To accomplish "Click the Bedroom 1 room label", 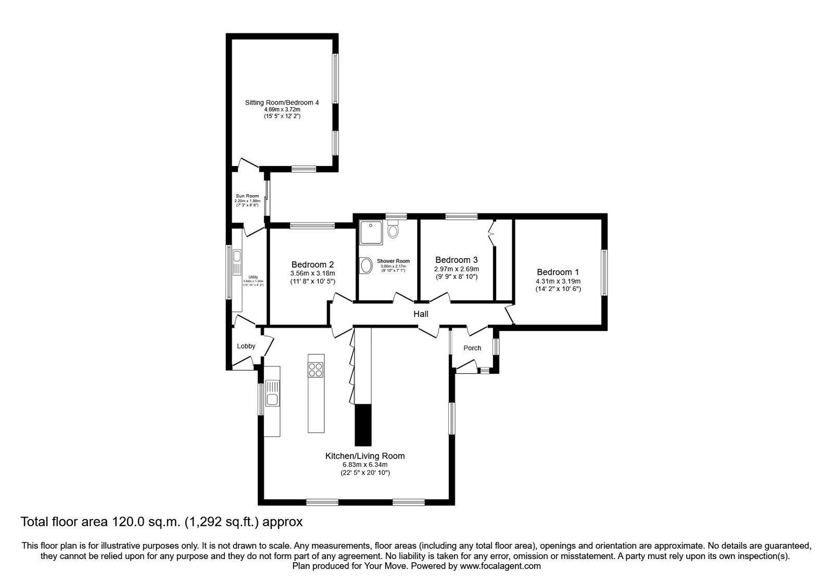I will (558, 272).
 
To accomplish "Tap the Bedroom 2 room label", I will (312, 264).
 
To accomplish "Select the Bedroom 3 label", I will (456, 260).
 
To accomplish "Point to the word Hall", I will (421, 314).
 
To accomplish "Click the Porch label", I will (472, 348).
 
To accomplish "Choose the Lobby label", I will (246, 346).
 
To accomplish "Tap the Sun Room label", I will (247, 196).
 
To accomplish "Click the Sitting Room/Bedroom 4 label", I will (282, 103).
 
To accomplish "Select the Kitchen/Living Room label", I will (364, 456).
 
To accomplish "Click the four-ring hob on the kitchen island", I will (315, 370).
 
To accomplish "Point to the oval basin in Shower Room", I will (365, 266).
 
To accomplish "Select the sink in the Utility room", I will (237, 256).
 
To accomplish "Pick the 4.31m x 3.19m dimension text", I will (558, 282).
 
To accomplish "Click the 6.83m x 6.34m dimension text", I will (364, 465).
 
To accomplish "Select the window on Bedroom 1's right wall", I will (604, 273).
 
